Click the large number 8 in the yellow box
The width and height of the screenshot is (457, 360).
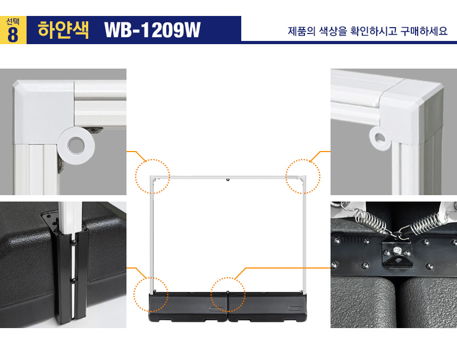pos(13,35)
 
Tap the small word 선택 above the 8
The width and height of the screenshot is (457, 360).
pos(13,22)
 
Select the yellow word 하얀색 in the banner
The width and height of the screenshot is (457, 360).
pos(63,29)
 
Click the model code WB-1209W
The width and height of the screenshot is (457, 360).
pos(153,30)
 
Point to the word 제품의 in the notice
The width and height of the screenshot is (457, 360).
pos(302,31)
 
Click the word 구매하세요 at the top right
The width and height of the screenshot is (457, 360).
pos(424,31)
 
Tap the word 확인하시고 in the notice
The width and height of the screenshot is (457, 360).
pos(374,31)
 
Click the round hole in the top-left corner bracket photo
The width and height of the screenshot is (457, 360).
pos(76,145)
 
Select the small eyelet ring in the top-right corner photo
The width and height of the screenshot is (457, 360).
pos(379,138)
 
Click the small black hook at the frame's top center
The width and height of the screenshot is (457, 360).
pos(228,180)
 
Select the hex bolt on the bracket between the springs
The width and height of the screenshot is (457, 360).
pos(396,250)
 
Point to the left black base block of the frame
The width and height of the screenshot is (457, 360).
pos(188,307)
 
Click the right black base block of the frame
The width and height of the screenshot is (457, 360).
pos(267,307)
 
